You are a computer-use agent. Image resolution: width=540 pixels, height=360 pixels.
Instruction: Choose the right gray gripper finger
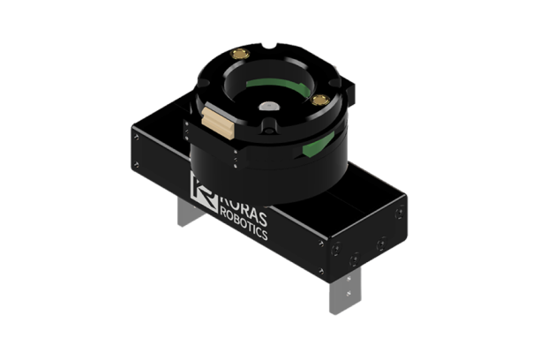342,284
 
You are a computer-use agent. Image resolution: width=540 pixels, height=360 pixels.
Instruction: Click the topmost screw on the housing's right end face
401,210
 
